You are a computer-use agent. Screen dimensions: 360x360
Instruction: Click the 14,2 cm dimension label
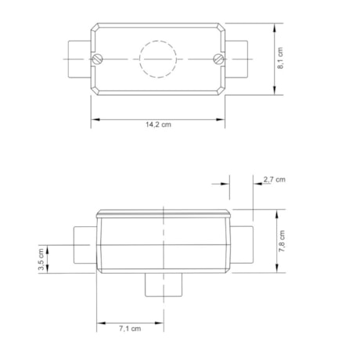click(x=160, y=126)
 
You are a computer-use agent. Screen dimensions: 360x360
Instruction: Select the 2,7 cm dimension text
click(x=274, y=180)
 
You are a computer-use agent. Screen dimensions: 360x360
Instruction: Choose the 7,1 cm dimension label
click(x=130, y=329)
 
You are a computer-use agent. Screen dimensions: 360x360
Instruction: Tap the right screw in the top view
click(x=220, y=58)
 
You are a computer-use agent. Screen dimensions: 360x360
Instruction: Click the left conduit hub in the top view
click(x=77, y=58)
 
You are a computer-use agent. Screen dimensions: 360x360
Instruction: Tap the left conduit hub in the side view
click(x=84, y=246)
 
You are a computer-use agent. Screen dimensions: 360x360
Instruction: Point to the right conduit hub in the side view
click(x=243, y=246)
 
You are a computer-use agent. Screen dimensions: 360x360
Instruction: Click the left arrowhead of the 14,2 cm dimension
click(x=94, y=119)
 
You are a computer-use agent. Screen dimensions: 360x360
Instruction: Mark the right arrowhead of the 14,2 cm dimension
click(x=225, y=119)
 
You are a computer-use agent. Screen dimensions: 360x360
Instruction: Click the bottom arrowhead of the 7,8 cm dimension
click(x=275, y=268)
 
